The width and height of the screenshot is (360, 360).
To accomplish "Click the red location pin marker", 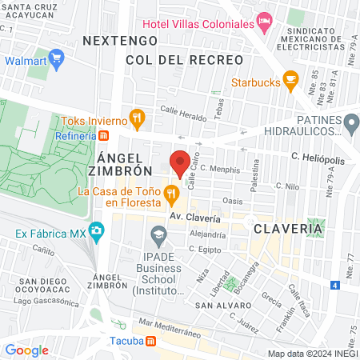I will (180, 162).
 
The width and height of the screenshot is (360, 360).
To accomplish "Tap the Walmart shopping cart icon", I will (56, 59).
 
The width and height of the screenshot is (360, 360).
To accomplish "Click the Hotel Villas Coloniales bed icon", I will (263, 20).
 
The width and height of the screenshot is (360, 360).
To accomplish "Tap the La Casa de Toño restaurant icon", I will (170, 193).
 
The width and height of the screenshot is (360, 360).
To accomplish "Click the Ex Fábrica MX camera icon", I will (96, 234).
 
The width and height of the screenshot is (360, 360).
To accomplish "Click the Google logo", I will (26, 350).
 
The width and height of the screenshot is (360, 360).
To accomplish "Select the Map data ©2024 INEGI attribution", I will (312, 353).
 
